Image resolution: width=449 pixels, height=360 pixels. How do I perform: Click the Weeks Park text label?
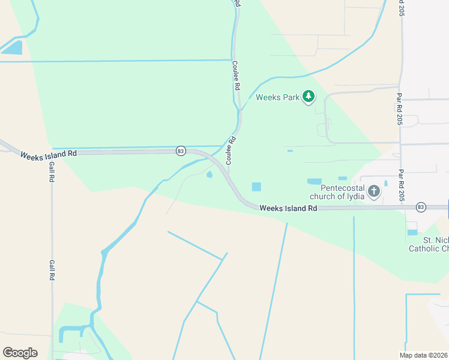277,97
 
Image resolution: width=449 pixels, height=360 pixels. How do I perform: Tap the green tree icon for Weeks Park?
309,95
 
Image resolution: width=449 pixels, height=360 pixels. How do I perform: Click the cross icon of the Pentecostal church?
374,191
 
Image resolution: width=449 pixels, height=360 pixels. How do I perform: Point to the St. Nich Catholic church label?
428,244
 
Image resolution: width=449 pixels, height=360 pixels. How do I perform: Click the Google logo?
20,353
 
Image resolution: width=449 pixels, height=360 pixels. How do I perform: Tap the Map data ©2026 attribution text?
423,355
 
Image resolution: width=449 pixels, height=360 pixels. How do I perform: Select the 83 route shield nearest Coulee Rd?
181,151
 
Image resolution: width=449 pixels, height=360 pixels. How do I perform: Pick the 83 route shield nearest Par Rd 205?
421,207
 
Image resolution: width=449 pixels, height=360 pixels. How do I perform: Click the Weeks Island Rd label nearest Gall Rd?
48,154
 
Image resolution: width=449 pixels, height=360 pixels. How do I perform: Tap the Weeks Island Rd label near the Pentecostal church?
288,208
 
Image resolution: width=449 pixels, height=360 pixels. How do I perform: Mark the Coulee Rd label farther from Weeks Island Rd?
237,76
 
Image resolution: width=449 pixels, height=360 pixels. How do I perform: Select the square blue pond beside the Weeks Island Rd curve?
256,187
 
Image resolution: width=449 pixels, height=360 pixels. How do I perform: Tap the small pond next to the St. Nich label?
412,232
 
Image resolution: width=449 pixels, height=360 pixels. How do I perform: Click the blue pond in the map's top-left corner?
13,48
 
